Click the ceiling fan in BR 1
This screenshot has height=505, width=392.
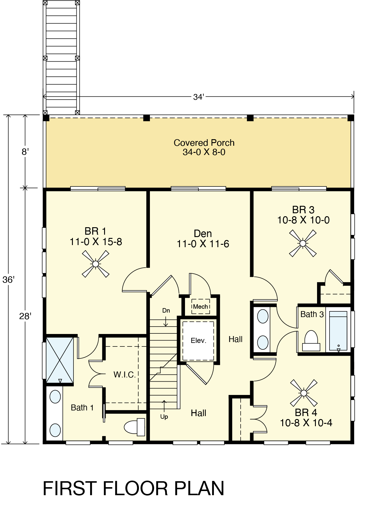click(95, 264)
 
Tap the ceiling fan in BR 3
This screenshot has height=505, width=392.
click(303, 243)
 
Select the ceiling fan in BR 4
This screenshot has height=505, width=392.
click(304, 393)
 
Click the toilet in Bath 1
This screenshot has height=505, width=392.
click(134, 427)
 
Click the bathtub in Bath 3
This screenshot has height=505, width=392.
click(338, 331)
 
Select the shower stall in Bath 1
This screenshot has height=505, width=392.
click(60, 360)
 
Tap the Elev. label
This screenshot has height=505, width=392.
click(198, 341)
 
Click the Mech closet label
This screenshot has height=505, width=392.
click(200, 307)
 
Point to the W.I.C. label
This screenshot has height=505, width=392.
click(125, 375)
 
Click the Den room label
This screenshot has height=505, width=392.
click(203, 233)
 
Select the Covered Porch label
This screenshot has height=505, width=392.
click(204, 143)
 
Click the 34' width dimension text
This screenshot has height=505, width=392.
click(198, 97)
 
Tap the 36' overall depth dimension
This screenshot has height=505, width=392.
click(9, 280)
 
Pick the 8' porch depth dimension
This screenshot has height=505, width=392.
click(25, 152)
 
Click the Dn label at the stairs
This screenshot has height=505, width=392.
click(166, 310)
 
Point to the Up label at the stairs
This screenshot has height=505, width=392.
click(164, 417)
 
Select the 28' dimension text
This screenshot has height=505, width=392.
click(25, 316)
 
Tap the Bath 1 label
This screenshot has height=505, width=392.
click(82, 407)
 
